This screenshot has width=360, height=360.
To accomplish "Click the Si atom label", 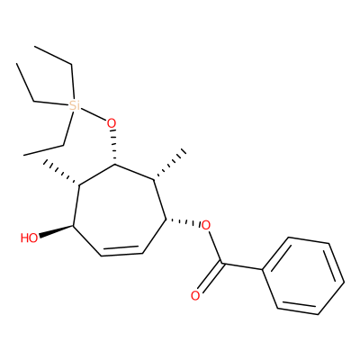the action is coord(73,106).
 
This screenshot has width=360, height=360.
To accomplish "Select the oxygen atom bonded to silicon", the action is coord(112,123).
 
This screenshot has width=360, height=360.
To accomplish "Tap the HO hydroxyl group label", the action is coord(30,238).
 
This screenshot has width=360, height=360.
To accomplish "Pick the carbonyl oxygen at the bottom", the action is coord(195,296).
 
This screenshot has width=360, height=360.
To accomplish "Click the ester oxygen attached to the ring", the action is coord(205,225).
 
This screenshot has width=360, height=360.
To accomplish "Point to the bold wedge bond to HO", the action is coord(56,231).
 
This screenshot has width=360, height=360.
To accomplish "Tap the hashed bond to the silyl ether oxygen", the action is coord(113,148).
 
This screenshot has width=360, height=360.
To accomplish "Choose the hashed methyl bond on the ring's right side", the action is coord(170,165).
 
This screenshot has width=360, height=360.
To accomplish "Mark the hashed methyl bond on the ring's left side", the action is coord(61,173).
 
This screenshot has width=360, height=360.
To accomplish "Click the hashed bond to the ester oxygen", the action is coord(183,222).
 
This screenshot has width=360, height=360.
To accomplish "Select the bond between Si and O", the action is coord(93,115).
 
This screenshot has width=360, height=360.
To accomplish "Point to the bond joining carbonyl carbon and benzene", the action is coord(242,266).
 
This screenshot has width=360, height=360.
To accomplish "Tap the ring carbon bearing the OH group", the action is coord(74,226).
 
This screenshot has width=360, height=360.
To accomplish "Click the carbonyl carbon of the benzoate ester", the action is coord(221,263).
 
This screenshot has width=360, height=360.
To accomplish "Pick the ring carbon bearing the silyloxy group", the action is coord(114,165).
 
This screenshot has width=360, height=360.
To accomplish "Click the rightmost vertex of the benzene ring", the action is coord(344,282).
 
